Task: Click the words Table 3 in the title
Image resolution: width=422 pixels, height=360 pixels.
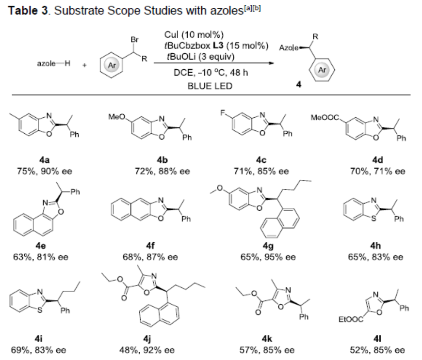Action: pyautogui.click(x=29, y=10)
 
